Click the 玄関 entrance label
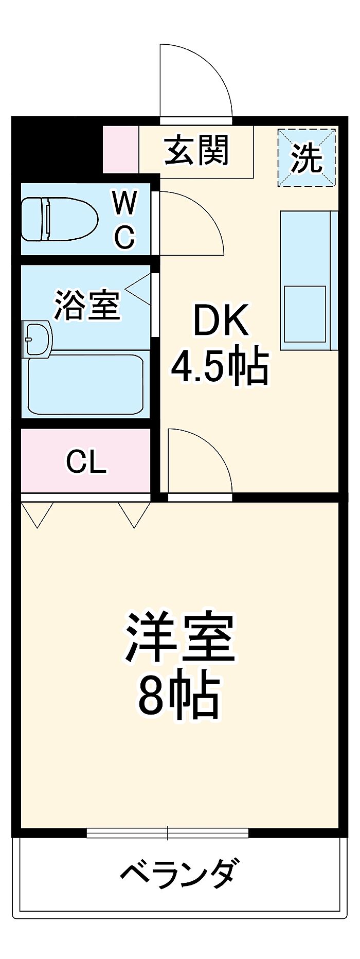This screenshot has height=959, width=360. tap(196, 150)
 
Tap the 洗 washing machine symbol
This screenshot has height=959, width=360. tap(307, 157)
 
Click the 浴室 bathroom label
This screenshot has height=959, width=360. tap(87, 305)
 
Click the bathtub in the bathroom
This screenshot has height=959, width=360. tap(85, 384)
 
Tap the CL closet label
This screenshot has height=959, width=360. tap(86, 461)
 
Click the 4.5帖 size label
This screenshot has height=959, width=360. tap(220, 366)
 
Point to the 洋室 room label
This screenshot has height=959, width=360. tap(179, 637)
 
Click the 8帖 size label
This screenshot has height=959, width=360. tap(179, 695)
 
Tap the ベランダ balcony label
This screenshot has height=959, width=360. tap(179, 874)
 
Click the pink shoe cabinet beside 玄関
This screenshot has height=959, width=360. tap(121, 150)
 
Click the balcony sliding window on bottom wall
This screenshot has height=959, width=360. tap(168, 833)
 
